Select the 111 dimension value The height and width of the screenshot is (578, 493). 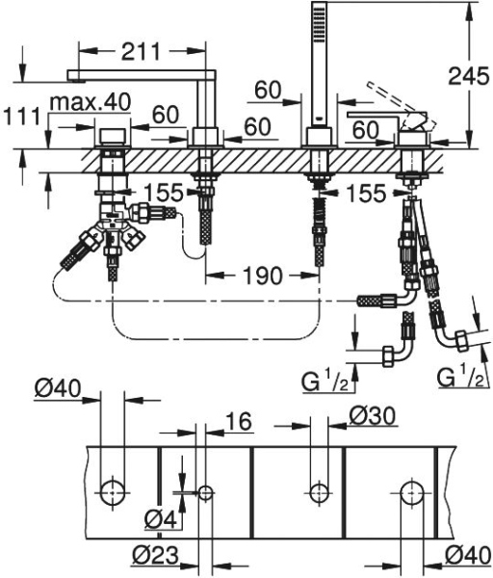18,115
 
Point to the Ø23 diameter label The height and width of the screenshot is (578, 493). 154,556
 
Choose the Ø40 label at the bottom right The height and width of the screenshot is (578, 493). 467,556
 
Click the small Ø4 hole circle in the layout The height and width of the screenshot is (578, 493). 204,491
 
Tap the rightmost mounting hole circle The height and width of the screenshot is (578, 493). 411,491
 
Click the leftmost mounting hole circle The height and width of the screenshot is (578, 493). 114,491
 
